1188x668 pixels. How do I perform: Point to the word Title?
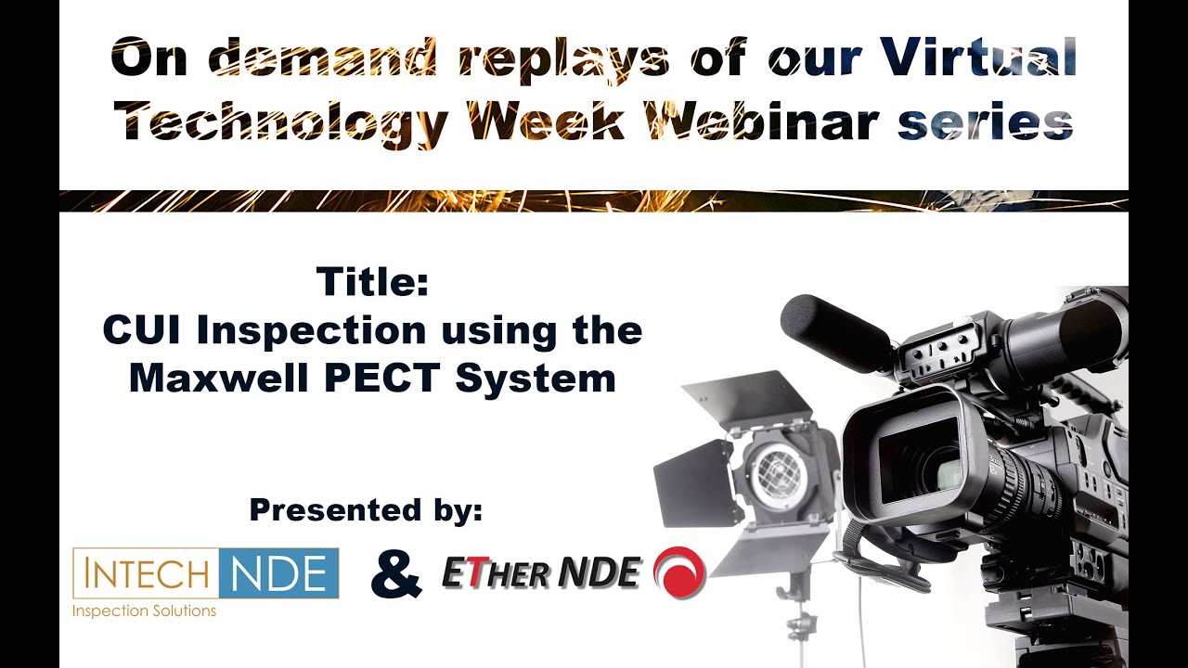(372, 281)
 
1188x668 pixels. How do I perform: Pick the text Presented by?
(366, 509)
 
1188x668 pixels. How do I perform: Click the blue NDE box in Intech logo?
(278, 573)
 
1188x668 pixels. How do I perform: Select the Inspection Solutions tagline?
(144, 610)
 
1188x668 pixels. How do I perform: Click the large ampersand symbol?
(396, 574)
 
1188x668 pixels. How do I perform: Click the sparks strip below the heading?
(594, 200)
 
